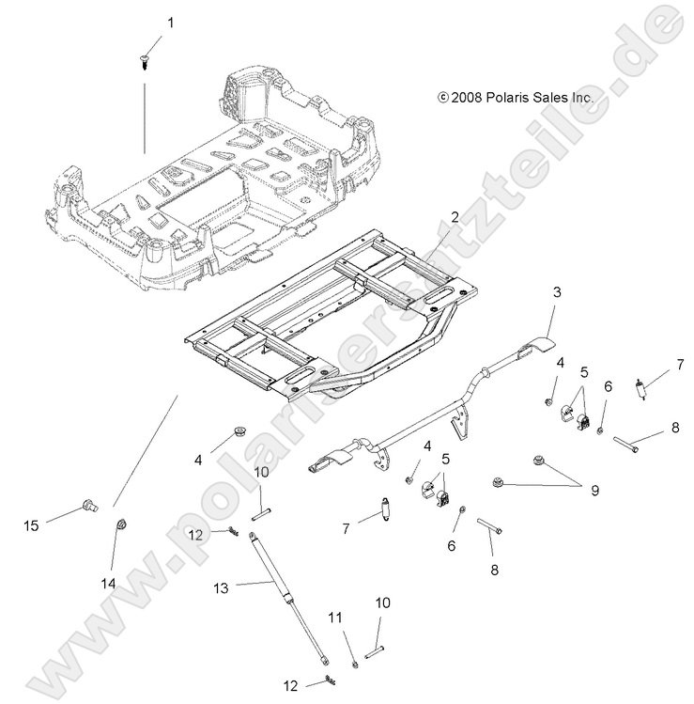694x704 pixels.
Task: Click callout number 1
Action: point(170,21)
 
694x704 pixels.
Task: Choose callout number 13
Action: point(220,587)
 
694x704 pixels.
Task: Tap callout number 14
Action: point(109,584)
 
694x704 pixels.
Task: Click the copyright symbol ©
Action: point(443,97)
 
